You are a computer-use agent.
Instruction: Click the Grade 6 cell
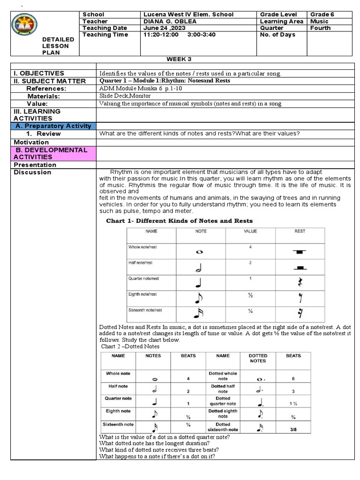(322, 15)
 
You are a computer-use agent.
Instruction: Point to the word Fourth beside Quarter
(321, 28)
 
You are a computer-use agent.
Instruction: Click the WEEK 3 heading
(180, 59)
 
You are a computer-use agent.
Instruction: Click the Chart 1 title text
(180, 221)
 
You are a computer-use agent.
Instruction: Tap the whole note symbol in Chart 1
(199, 252)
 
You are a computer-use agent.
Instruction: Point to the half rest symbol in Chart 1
(300, 268)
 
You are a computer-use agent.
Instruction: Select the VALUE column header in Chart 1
(250, 231)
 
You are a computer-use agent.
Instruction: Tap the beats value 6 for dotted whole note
(293, 378)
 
